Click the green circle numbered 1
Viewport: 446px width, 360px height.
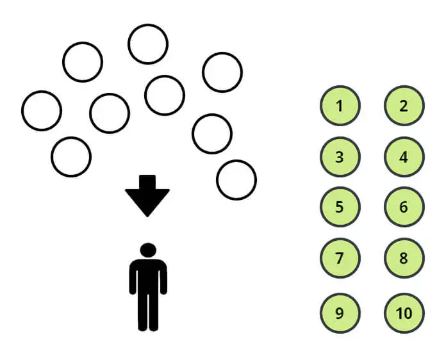[340, 106]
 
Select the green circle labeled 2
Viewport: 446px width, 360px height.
[404, 106]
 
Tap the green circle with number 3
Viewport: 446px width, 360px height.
[340, 157]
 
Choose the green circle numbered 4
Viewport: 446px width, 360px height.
[404, 157]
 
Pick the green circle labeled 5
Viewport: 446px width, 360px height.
[340, 208]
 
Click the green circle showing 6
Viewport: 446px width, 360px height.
[404, 208]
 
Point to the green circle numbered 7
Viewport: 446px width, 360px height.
[340, 259]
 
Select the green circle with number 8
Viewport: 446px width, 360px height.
[404, 259]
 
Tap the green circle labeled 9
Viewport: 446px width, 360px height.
[340, 314]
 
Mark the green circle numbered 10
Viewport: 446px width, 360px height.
[404, 314]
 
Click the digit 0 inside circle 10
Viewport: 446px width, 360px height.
[408, 314]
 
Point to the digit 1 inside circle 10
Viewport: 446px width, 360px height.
[399, 314]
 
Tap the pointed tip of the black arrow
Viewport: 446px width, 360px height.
[147, 215]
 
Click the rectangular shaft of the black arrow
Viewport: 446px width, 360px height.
[147, 182]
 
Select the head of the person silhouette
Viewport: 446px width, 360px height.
[148, 250]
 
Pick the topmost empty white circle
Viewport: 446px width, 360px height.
[148, 44]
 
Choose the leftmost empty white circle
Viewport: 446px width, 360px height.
[42, 110]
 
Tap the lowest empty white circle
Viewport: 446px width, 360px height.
[236, 180]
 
